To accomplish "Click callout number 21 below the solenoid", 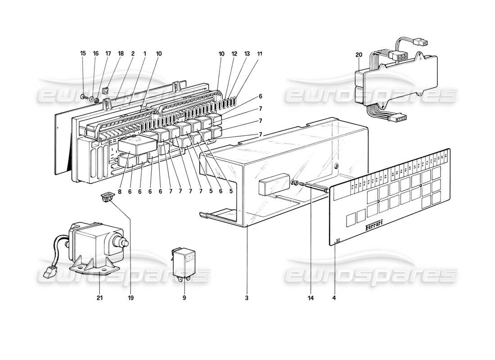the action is [99, 297].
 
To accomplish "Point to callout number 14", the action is [310, 297].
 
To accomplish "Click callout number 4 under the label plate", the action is [334, 297].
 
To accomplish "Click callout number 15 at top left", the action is [82, 54].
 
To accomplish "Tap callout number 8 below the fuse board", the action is [120, 192].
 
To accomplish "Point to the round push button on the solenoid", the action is [126, 243].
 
